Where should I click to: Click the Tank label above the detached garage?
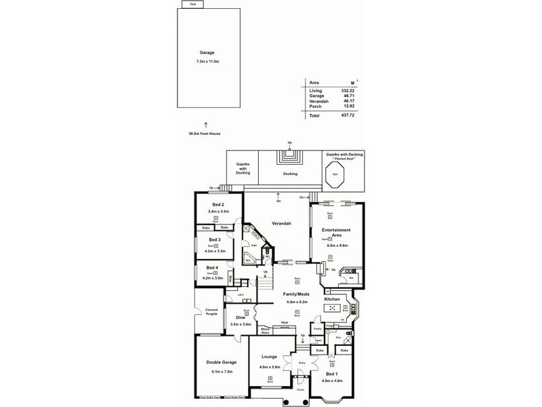coord(193,4)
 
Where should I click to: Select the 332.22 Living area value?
coord(348,90)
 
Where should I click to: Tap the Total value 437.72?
coord(348,116)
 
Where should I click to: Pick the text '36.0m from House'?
coord(205,134)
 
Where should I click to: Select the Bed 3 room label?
coord(215,240)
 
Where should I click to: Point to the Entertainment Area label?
coord(335,235)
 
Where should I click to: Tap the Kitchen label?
coord(331,298)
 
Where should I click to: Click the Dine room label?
coord(241,317)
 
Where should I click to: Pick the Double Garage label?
coord(218,363)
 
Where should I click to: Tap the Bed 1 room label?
coord(331,374)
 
